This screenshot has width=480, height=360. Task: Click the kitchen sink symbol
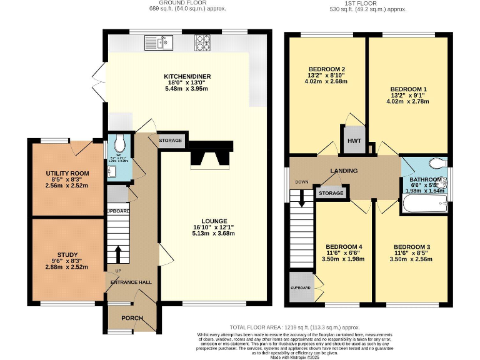pyautogui.click(x=159, y=42)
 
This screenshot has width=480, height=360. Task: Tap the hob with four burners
pyautogui.click(x=204, y=42)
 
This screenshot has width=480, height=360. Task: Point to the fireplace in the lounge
pyautogui.click(x=211, y=155)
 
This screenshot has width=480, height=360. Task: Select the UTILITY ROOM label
pyautogui.click(x=67, y=173)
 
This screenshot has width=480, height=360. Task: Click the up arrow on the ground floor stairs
pyautogui.click(x=117, y=254)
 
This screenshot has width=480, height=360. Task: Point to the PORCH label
pyautogui.click(x=132, y=318)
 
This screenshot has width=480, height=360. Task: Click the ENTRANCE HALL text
pyautogui.click(x=131, y=282)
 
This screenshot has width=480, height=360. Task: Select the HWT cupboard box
pyautogui.click(x=354, y=140)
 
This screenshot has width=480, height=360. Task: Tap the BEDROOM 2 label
pyautogui.click(x=327, y=69)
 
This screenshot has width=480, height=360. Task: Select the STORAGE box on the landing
pyautogui.click(x=331, y=194)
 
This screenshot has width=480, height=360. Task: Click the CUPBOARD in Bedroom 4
pyautogui.click(x=300, y=287)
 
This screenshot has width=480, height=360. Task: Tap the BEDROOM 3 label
pyautogui.click(x=411, y=247)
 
